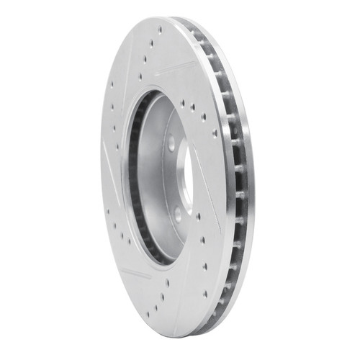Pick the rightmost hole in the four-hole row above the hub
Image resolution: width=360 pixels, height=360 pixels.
click(205, 115)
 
